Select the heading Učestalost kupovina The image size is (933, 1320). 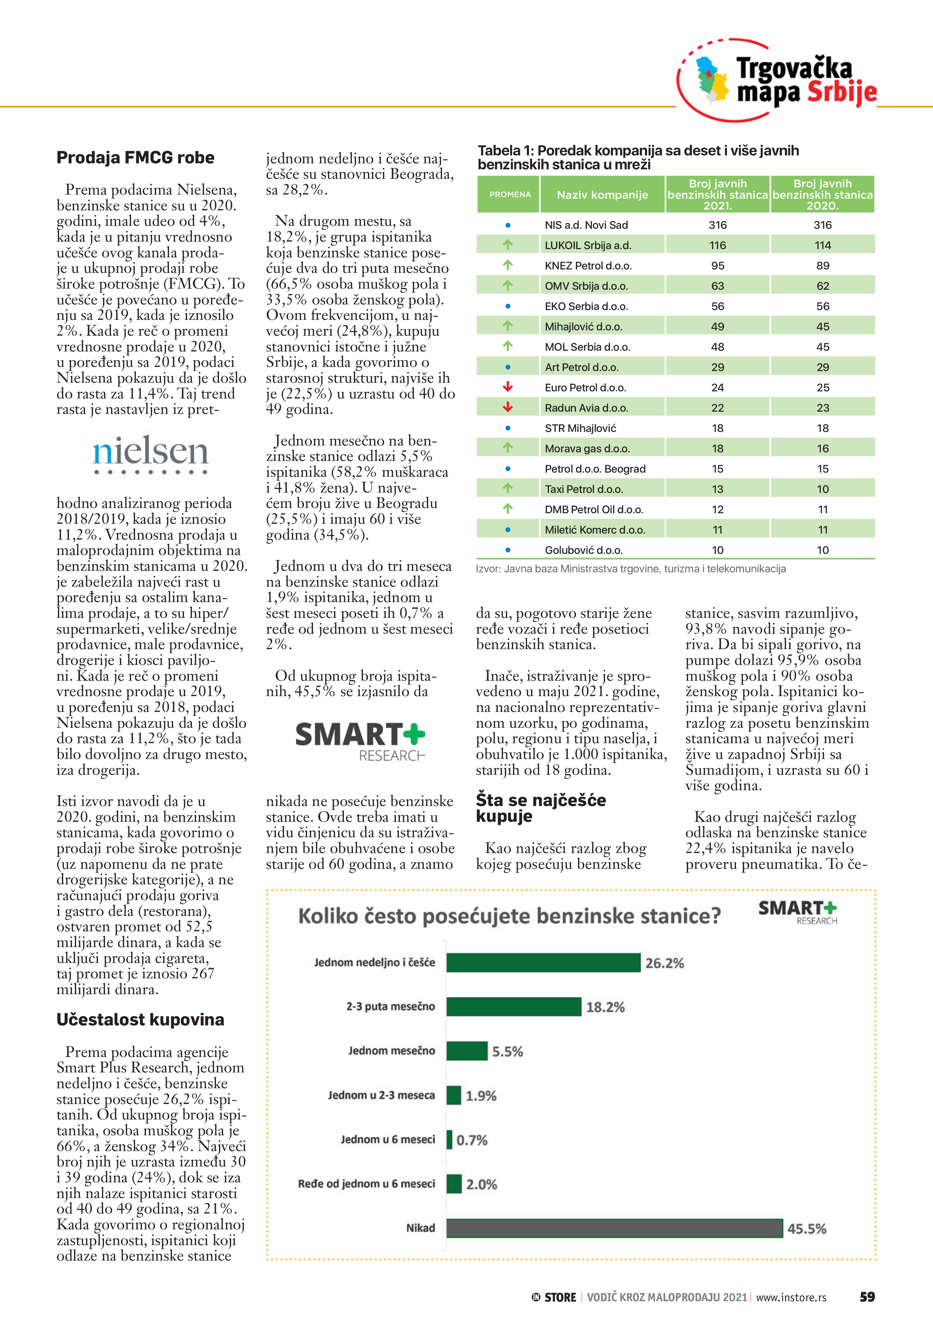140,1019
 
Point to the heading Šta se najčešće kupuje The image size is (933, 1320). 540,808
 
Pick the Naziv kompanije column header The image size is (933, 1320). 602,195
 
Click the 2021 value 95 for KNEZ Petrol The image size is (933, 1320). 717,266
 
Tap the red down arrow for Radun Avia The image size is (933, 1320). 508,408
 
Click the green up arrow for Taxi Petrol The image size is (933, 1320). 508,489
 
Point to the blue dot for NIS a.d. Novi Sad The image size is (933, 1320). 508,225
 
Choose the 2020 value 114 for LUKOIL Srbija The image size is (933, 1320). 823,245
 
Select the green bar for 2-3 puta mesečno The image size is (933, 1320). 514,1007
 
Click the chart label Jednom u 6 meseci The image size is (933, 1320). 387,1139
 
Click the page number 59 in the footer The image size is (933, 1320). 867,1297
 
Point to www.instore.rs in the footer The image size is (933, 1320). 791,1297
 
